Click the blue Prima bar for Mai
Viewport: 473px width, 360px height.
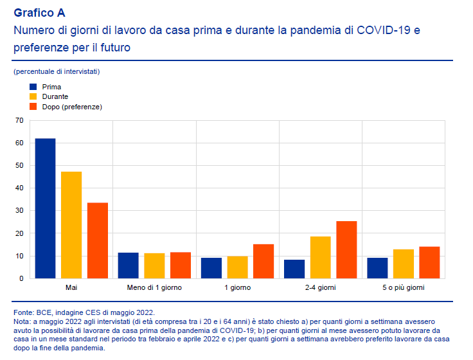[x=45, y=208]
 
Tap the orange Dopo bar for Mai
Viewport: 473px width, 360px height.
[x=98, y=240]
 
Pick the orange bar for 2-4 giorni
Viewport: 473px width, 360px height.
[x=346, y=249]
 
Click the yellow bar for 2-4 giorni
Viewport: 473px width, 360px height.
[x=321, y=257]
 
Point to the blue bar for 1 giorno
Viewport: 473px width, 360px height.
[x=211, y=268]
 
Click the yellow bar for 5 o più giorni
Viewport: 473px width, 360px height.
[x=404, y=264]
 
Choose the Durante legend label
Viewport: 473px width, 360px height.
[x=55, y=96]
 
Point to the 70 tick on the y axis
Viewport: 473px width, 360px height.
[x=19, y=120]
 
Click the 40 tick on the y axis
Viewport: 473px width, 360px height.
[x=19, y=188]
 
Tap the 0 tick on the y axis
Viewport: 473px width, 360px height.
[x=21, y=278]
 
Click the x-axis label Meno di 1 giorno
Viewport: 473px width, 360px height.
[x=154, y=287]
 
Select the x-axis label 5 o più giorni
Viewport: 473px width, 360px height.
[x=404, y=287]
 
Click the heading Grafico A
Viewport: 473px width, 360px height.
[x=39, y=13]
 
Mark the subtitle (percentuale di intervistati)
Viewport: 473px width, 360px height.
[x=56, y=71]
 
